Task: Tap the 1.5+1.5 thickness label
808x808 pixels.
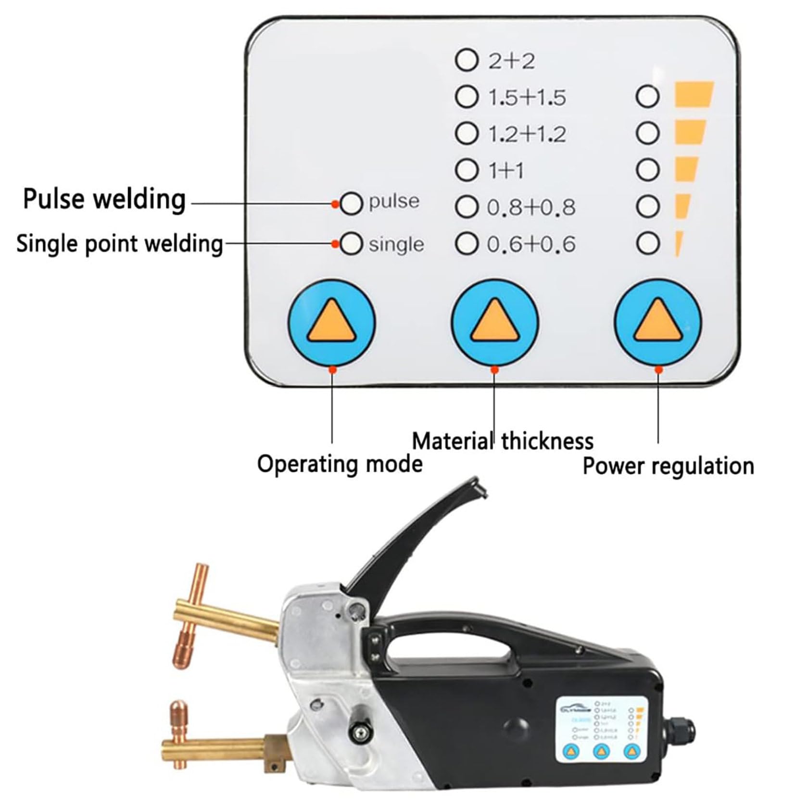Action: pyautogui.click(x=527, y=98)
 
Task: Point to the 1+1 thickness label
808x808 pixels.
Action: pyautogui.click(x=506, y=171)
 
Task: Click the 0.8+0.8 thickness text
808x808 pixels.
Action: pyautogui.click(x=531, y=208)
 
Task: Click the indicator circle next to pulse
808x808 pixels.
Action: pyautogui.click(x=351, y=203)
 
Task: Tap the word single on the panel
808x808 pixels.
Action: pyautogui.click(x=396, y=245)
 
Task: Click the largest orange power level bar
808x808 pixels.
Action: pyautogui.click(x=694, y=95)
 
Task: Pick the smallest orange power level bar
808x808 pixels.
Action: pyautogui.click(x=679, y=244)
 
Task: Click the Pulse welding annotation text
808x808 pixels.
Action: pyautogui.click(x=104, y=199)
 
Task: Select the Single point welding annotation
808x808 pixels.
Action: pyautogui.click(x=120, y=243)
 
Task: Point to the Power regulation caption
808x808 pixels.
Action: pyautogui.click(x=668, y=466)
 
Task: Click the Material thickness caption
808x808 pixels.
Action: pyautogui.click(x=503, y=441)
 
